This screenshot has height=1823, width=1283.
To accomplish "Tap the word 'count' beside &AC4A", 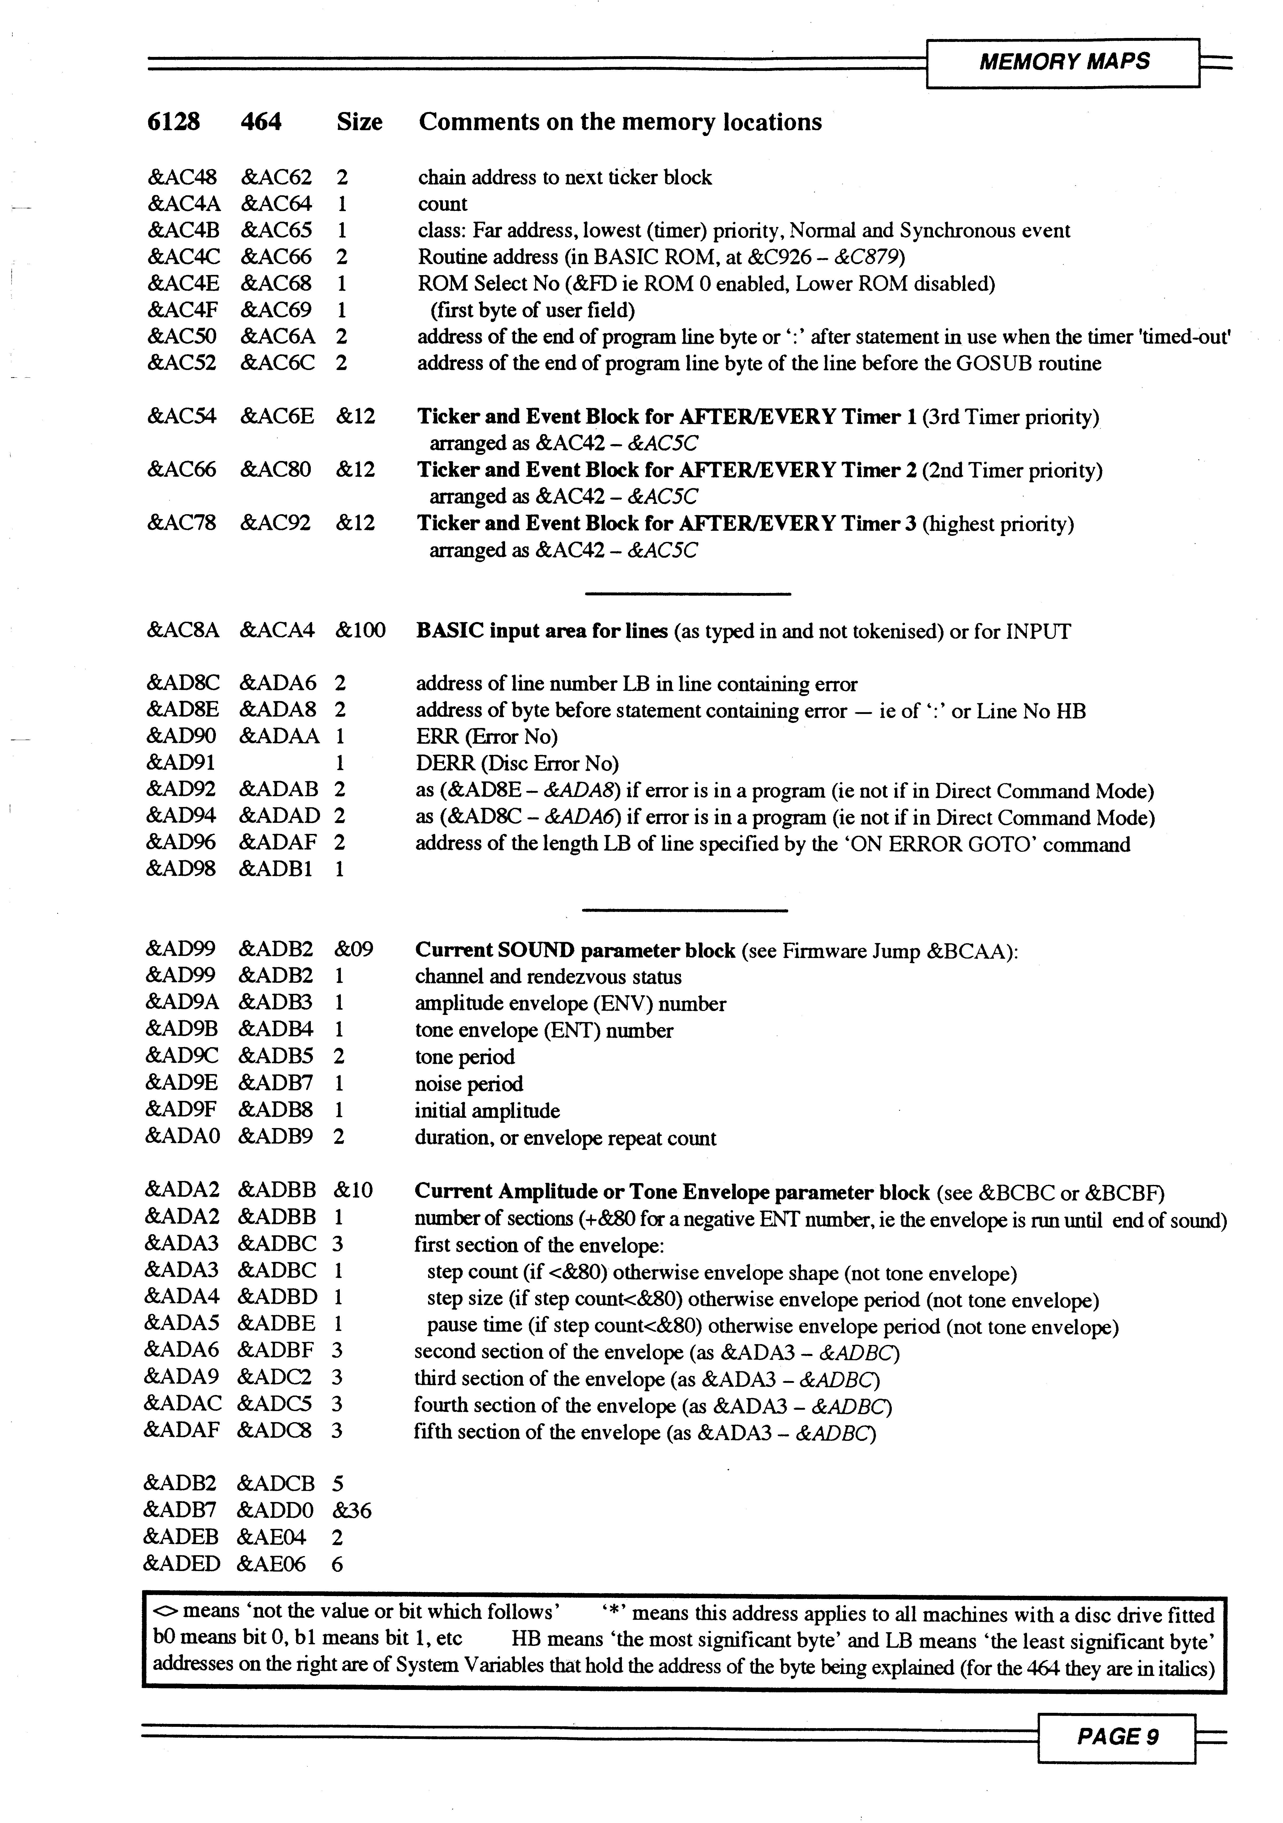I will [x=442, y=204].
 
